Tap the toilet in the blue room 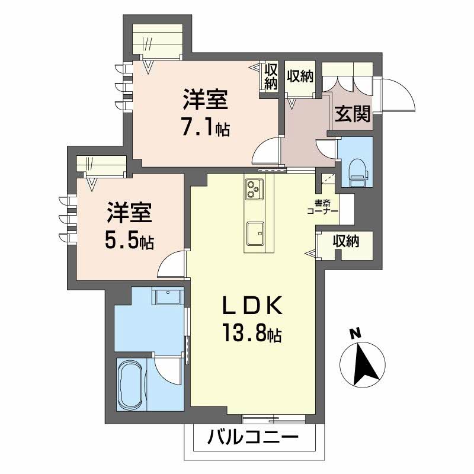357,171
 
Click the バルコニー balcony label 252,440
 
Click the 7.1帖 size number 206,127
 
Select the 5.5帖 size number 129,239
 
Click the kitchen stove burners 254,190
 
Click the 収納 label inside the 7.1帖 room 271,77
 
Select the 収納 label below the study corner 345,242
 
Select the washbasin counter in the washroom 168,296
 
